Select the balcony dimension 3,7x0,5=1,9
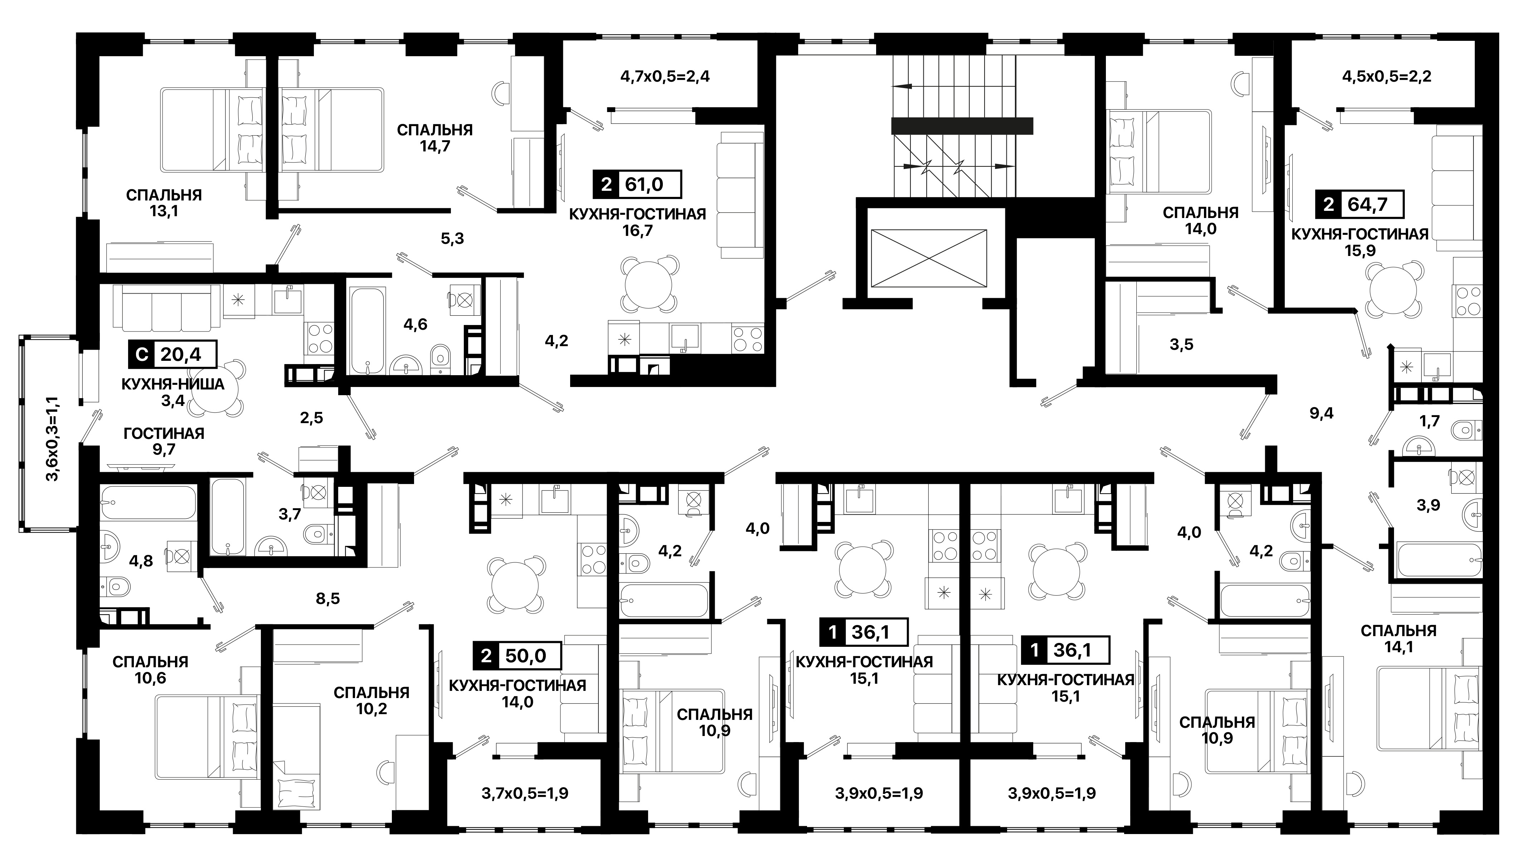524,793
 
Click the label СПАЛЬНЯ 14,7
435,138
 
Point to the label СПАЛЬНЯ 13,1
164,203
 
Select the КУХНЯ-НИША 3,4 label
173,392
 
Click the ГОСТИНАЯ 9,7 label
164,441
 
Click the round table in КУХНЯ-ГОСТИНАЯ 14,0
516,584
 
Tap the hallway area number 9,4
1322,413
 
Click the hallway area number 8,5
328,598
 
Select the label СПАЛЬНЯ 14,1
1399,638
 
